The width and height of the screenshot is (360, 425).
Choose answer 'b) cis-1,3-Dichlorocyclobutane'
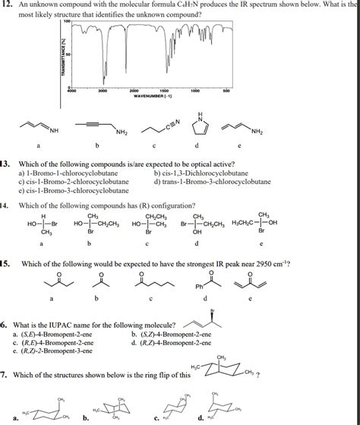(x=200, y=173)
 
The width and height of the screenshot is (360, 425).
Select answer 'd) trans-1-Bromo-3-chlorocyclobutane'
(x=212, y=182)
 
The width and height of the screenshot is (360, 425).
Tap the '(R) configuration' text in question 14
(x=159, y=205)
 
